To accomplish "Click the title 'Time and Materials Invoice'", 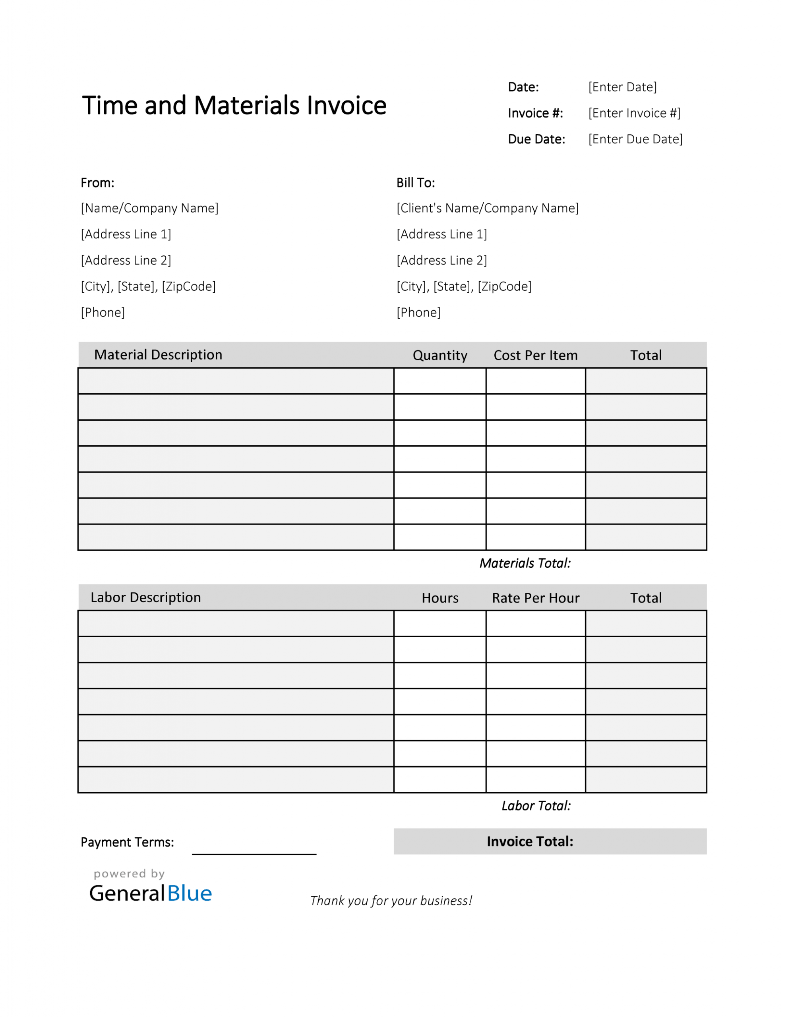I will (x=234, y=105).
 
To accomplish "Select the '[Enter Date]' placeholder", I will (x=622, y=87).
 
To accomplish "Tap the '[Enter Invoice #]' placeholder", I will (x=634, y=113).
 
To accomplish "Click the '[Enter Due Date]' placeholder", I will (x=635, y=139).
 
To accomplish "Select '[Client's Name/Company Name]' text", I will (x=487, y=208).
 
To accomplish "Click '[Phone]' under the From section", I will (x=103, y=313).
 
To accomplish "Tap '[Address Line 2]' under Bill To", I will (x=442, y=260).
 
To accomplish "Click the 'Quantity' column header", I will (x=440, y=355).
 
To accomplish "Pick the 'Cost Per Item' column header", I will (x=535, y=355).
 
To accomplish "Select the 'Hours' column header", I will (x=440, y=598).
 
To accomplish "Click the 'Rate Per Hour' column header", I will (x=535, y=598).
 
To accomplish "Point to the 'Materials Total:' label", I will (x=525, y=563).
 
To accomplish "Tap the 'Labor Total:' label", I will (x=536, y=806).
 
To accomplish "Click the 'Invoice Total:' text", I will (x=530, y=841).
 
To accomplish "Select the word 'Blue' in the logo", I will (x=189, y=893).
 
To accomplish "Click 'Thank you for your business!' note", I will (x=391, y=901).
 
